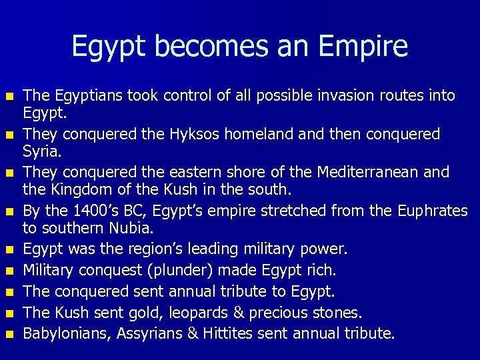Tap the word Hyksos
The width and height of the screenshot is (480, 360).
(191, 134)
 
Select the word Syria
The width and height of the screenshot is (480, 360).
(41, 153)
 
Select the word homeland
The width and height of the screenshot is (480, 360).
(260, 134)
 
